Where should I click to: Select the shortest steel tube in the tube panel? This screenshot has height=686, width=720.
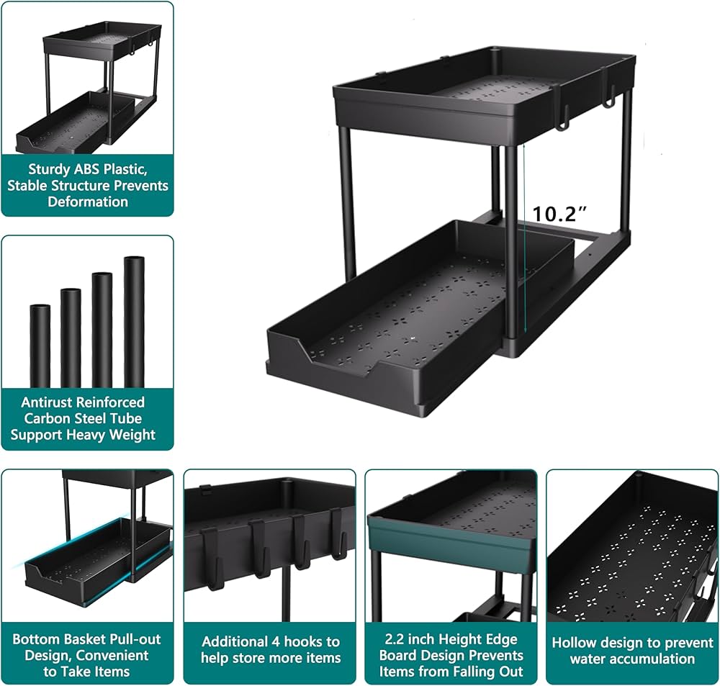[40, 346]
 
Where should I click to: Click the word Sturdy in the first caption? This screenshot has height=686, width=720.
[51, 170]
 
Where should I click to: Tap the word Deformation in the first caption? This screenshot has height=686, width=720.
[87, 202]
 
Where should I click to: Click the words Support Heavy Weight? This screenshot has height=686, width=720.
[83, 435]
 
